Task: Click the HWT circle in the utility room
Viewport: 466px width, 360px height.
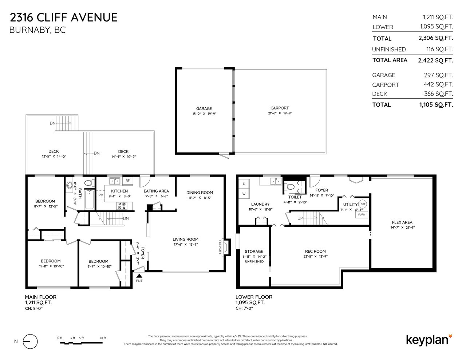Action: (x=362, y=204)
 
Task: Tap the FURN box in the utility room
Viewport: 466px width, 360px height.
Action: (x=362, y=214)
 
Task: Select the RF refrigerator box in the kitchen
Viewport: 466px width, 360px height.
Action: (x=127, y=181)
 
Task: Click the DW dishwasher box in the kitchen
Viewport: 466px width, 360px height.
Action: (x=100, y=195)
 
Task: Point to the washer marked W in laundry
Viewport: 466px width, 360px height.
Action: (x=244, y=194)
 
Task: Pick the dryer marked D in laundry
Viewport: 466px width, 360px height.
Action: (x=244, y=184)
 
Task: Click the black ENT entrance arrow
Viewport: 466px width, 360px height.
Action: (x=139, y=276)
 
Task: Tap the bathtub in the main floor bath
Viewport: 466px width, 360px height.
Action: (x=90, y=199)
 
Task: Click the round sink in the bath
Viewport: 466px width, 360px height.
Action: (x=70, y=185)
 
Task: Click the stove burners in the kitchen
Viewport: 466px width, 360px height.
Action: (x=122, y=206)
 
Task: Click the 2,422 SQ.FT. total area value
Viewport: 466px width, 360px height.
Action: (x=435, y=60)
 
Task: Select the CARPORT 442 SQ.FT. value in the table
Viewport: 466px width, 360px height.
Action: (x=438, y=84)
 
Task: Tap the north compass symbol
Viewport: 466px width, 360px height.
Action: (x=30, y=341)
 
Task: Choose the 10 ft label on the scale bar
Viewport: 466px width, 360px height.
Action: (x=103, y=338)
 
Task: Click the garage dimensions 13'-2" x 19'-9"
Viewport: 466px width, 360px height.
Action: (x=204, y=114)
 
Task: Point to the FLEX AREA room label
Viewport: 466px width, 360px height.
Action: (x=402, y=222)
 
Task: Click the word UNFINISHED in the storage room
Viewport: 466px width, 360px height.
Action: (x=254, y=261)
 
